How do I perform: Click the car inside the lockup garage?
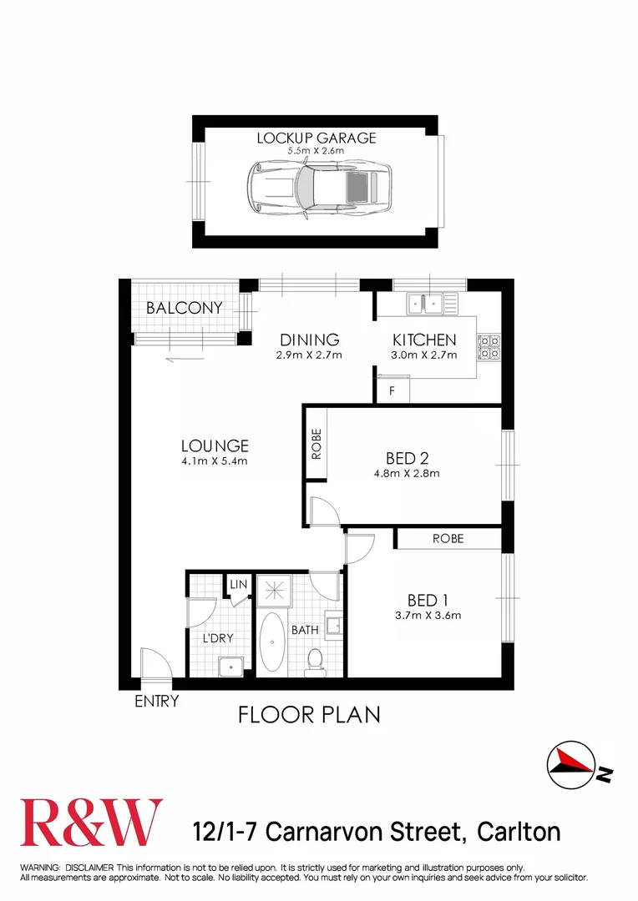pyautogui.click(x=320, y=188)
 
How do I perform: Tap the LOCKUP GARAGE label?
pyautogui.click(x=316, y=138)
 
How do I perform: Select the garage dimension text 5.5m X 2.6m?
pyautogui.click(x=316, y=151)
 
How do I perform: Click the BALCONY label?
pyautogui.click(x=185, y=308)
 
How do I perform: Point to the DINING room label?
pyautogui.click(x=309, y=340)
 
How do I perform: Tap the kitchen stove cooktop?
pyautogui.click(x=488, y=345)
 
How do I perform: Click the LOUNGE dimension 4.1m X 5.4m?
pyautogui.click(x=215, y=461)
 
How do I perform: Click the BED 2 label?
pyautogui.click(x=407, y=458)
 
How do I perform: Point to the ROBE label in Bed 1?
pyautogui.click(x=448, y=539)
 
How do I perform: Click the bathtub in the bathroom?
pyautogui.click(x=271, y=643)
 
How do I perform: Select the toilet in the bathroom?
pyautogui.click(x=315, y=660)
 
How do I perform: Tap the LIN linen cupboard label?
pyautogui.click(x=238, y=585)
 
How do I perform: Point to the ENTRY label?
pyautogui.click(x=156, y=702)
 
